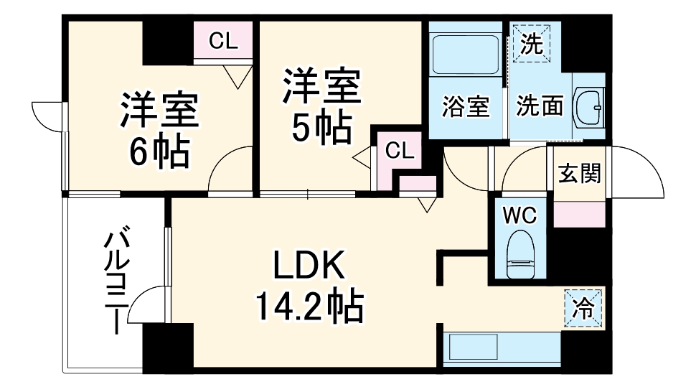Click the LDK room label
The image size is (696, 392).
point(309,267)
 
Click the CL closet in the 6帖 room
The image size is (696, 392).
point(223,42)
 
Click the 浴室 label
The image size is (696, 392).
point(466,108)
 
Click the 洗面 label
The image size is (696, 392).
point(540,108)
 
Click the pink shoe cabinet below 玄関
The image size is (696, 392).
point(579,213)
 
